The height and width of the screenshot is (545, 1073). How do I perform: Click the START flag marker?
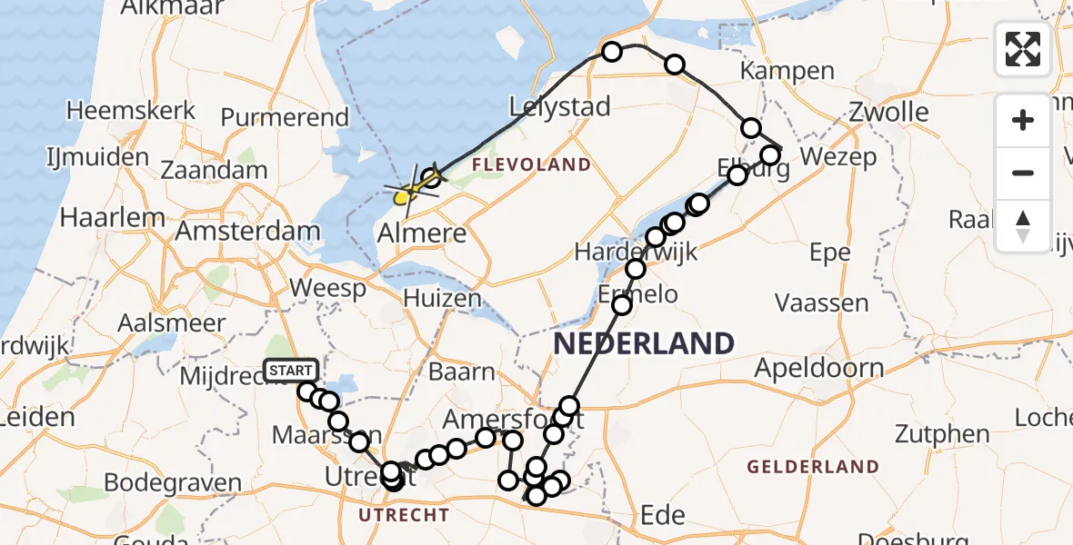(291, 371)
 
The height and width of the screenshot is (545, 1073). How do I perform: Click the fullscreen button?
(1023, 48)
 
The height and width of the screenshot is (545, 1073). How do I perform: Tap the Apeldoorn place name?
(819, 369)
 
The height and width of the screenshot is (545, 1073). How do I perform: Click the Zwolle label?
(889, 114)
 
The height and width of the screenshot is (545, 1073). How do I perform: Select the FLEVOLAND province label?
(532, 165)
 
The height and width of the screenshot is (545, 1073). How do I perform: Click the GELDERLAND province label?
(813, 467)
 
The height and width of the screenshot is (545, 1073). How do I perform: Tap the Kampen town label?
(787, 71)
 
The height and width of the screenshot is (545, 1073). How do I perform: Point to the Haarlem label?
(114, 218)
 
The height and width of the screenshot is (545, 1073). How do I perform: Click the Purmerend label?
(285, 117)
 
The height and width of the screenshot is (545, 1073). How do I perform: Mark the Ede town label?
(663, 515)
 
